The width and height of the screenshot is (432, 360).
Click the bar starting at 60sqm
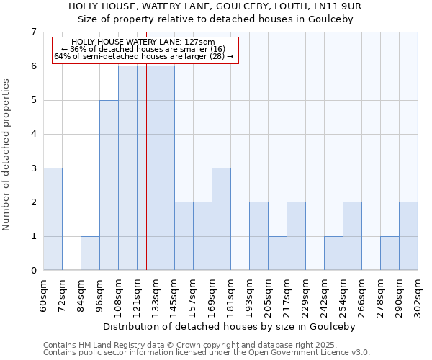click(53, 219)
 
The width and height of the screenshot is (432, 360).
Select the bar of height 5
click(109, 185)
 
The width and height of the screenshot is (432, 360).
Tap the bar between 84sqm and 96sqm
click(90, 253)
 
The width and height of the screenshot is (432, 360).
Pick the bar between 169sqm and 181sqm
click(221, 219)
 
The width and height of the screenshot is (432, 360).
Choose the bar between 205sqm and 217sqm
click(277, 253)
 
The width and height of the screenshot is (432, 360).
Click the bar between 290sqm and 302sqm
click(408, 236)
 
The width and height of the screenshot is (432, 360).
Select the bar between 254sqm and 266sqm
click(352, 236)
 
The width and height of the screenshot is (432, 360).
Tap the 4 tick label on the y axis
click(33, 134)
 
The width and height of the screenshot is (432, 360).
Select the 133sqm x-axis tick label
click(156, 294)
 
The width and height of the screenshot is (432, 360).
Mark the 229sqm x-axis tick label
click(306, 294)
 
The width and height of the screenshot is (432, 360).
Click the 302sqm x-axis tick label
click(418, 294)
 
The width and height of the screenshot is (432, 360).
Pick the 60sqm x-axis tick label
click(44, 294)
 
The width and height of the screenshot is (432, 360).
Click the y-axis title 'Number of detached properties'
click(6, 155)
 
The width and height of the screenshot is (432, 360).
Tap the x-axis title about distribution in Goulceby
click(230, 326)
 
